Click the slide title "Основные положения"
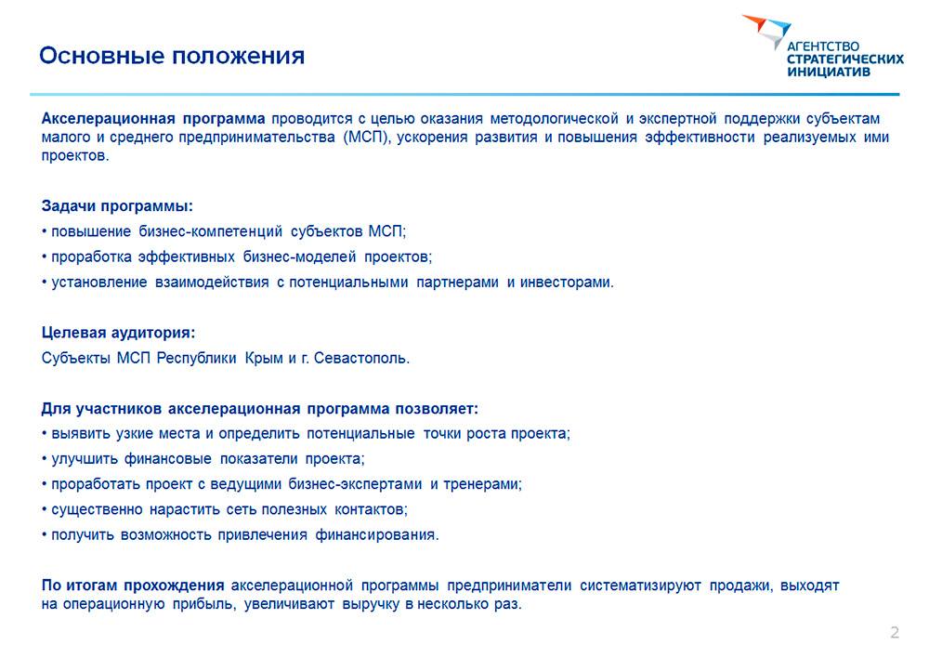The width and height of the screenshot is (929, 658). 172,56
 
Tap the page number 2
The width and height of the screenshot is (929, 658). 895,632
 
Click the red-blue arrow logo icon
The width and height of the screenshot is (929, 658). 766,31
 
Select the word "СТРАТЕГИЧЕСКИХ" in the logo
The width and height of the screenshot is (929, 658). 845,59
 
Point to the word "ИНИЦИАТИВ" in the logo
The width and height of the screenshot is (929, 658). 829,72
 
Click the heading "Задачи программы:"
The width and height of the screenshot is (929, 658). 117,206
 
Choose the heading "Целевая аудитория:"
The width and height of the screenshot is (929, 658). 119,333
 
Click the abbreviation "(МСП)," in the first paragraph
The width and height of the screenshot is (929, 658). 367,138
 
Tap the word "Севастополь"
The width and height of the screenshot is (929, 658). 361,358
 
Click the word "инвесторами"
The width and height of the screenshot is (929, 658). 567,283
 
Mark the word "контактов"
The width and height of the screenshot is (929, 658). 371,510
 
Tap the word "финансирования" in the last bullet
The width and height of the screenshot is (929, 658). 377,534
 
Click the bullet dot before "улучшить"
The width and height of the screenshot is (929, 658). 45,459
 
